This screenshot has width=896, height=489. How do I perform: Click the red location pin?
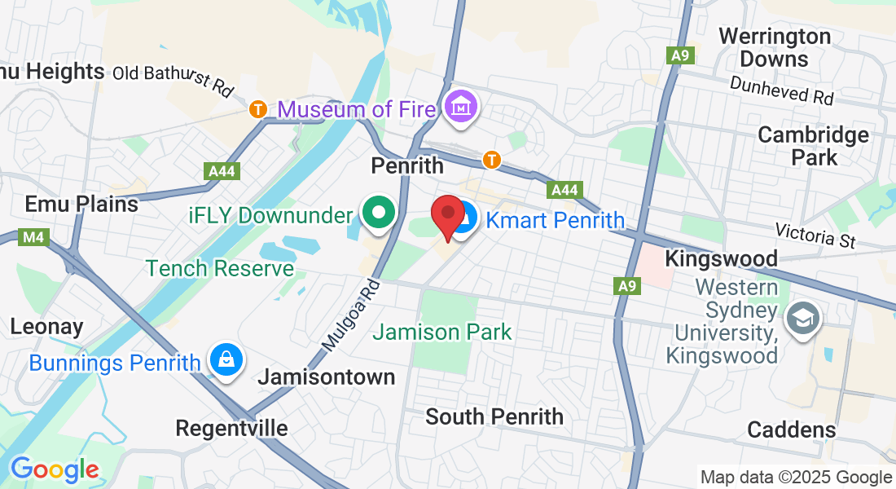point(447,214)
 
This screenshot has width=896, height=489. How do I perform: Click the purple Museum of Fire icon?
point(462,107)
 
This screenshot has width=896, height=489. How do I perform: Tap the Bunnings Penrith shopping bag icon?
point(224,360)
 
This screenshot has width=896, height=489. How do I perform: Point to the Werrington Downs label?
point(775,47)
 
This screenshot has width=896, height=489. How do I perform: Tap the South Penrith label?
point(494,416)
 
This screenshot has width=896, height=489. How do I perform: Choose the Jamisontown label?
point(326,377)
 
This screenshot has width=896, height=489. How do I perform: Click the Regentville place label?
point(232,429)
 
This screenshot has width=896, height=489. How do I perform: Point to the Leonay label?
point(46,327)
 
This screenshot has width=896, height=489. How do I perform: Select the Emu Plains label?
point(81,204)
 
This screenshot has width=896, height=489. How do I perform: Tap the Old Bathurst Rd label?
point(173,78)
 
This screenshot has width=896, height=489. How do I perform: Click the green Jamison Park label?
point(442,332)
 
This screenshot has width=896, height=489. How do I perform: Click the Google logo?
point(55,469)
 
